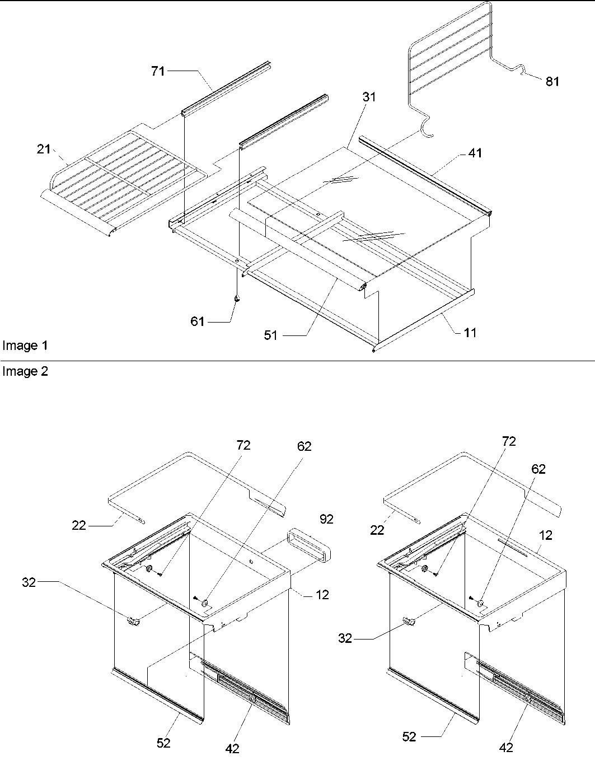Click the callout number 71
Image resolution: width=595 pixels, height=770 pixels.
click(x=158, y=71)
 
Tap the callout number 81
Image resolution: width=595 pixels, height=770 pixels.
click(x=552, y=82)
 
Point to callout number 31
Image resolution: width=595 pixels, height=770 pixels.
click(x=369, y=97)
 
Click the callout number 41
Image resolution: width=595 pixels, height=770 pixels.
click(x=475, y=153)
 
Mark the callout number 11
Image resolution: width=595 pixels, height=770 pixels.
click(x=470, y=333)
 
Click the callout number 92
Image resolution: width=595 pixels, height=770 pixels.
click(x=326, y=519)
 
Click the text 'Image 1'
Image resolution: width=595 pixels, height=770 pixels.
click(x=25, y=346)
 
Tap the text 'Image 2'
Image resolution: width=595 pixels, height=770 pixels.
click(x=25, y=372)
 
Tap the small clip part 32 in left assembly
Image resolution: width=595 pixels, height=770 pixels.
click(x=134, y=620)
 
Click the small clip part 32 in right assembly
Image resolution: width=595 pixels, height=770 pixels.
click(x=409, y=621)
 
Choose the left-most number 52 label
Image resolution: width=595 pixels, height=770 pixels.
click(x=163, y=743)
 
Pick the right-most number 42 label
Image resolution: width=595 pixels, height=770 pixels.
click(x=505, y=748)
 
